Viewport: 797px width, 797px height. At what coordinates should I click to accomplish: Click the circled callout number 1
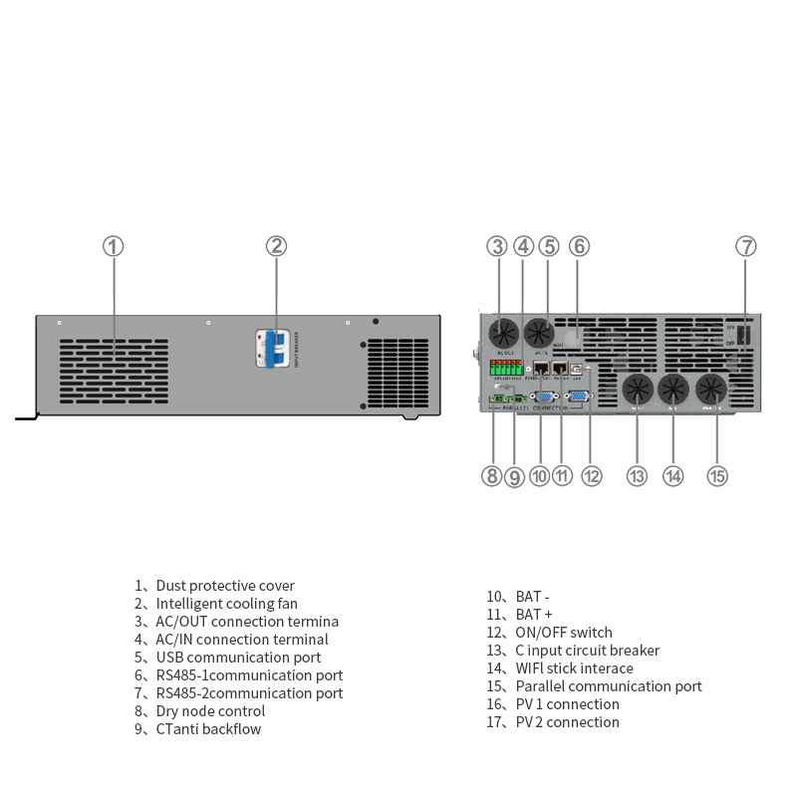tap(114, 246)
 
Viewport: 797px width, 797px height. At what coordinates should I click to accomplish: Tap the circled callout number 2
tap(276, 246)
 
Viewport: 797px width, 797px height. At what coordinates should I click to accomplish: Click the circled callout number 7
tap(746, 246)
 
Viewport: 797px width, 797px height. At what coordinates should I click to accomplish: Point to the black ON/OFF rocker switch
tap(743, 342)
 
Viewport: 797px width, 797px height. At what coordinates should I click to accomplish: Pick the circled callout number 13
tap(637, 476)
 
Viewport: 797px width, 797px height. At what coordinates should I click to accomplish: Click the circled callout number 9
tap(514, 476)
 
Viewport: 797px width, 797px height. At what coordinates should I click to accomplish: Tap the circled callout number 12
tap(592, 476)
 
